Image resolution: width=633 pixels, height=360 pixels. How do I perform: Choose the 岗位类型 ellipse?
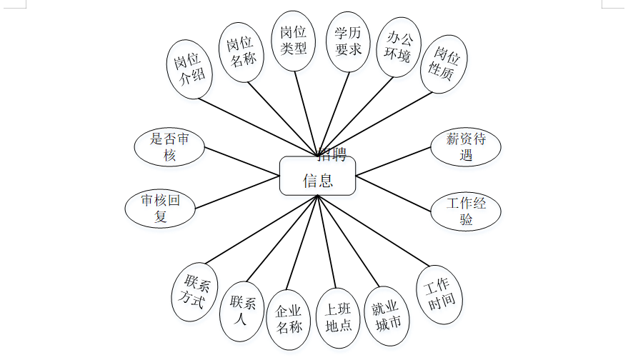[294, 40]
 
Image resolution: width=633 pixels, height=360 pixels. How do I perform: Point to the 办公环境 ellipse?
[399, 46]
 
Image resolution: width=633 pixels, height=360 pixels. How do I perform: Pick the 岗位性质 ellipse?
[445, 64]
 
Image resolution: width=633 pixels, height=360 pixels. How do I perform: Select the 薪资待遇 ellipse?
[466, 147]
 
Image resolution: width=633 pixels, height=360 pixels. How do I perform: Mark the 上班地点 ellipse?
[338, 319]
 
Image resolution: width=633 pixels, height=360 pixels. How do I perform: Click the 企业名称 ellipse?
[289, 320]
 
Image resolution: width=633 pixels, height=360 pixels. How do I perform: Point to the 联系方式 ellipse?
[194, 292]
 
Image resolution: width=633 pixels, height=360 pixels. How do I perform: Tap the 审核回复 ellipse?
[161, 208]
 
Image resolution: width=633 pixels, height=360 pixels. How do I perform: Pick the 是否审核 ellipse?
[169, 146]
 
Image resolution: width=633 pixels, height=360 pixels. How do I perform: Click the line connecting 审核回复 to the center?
[237, 192]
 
